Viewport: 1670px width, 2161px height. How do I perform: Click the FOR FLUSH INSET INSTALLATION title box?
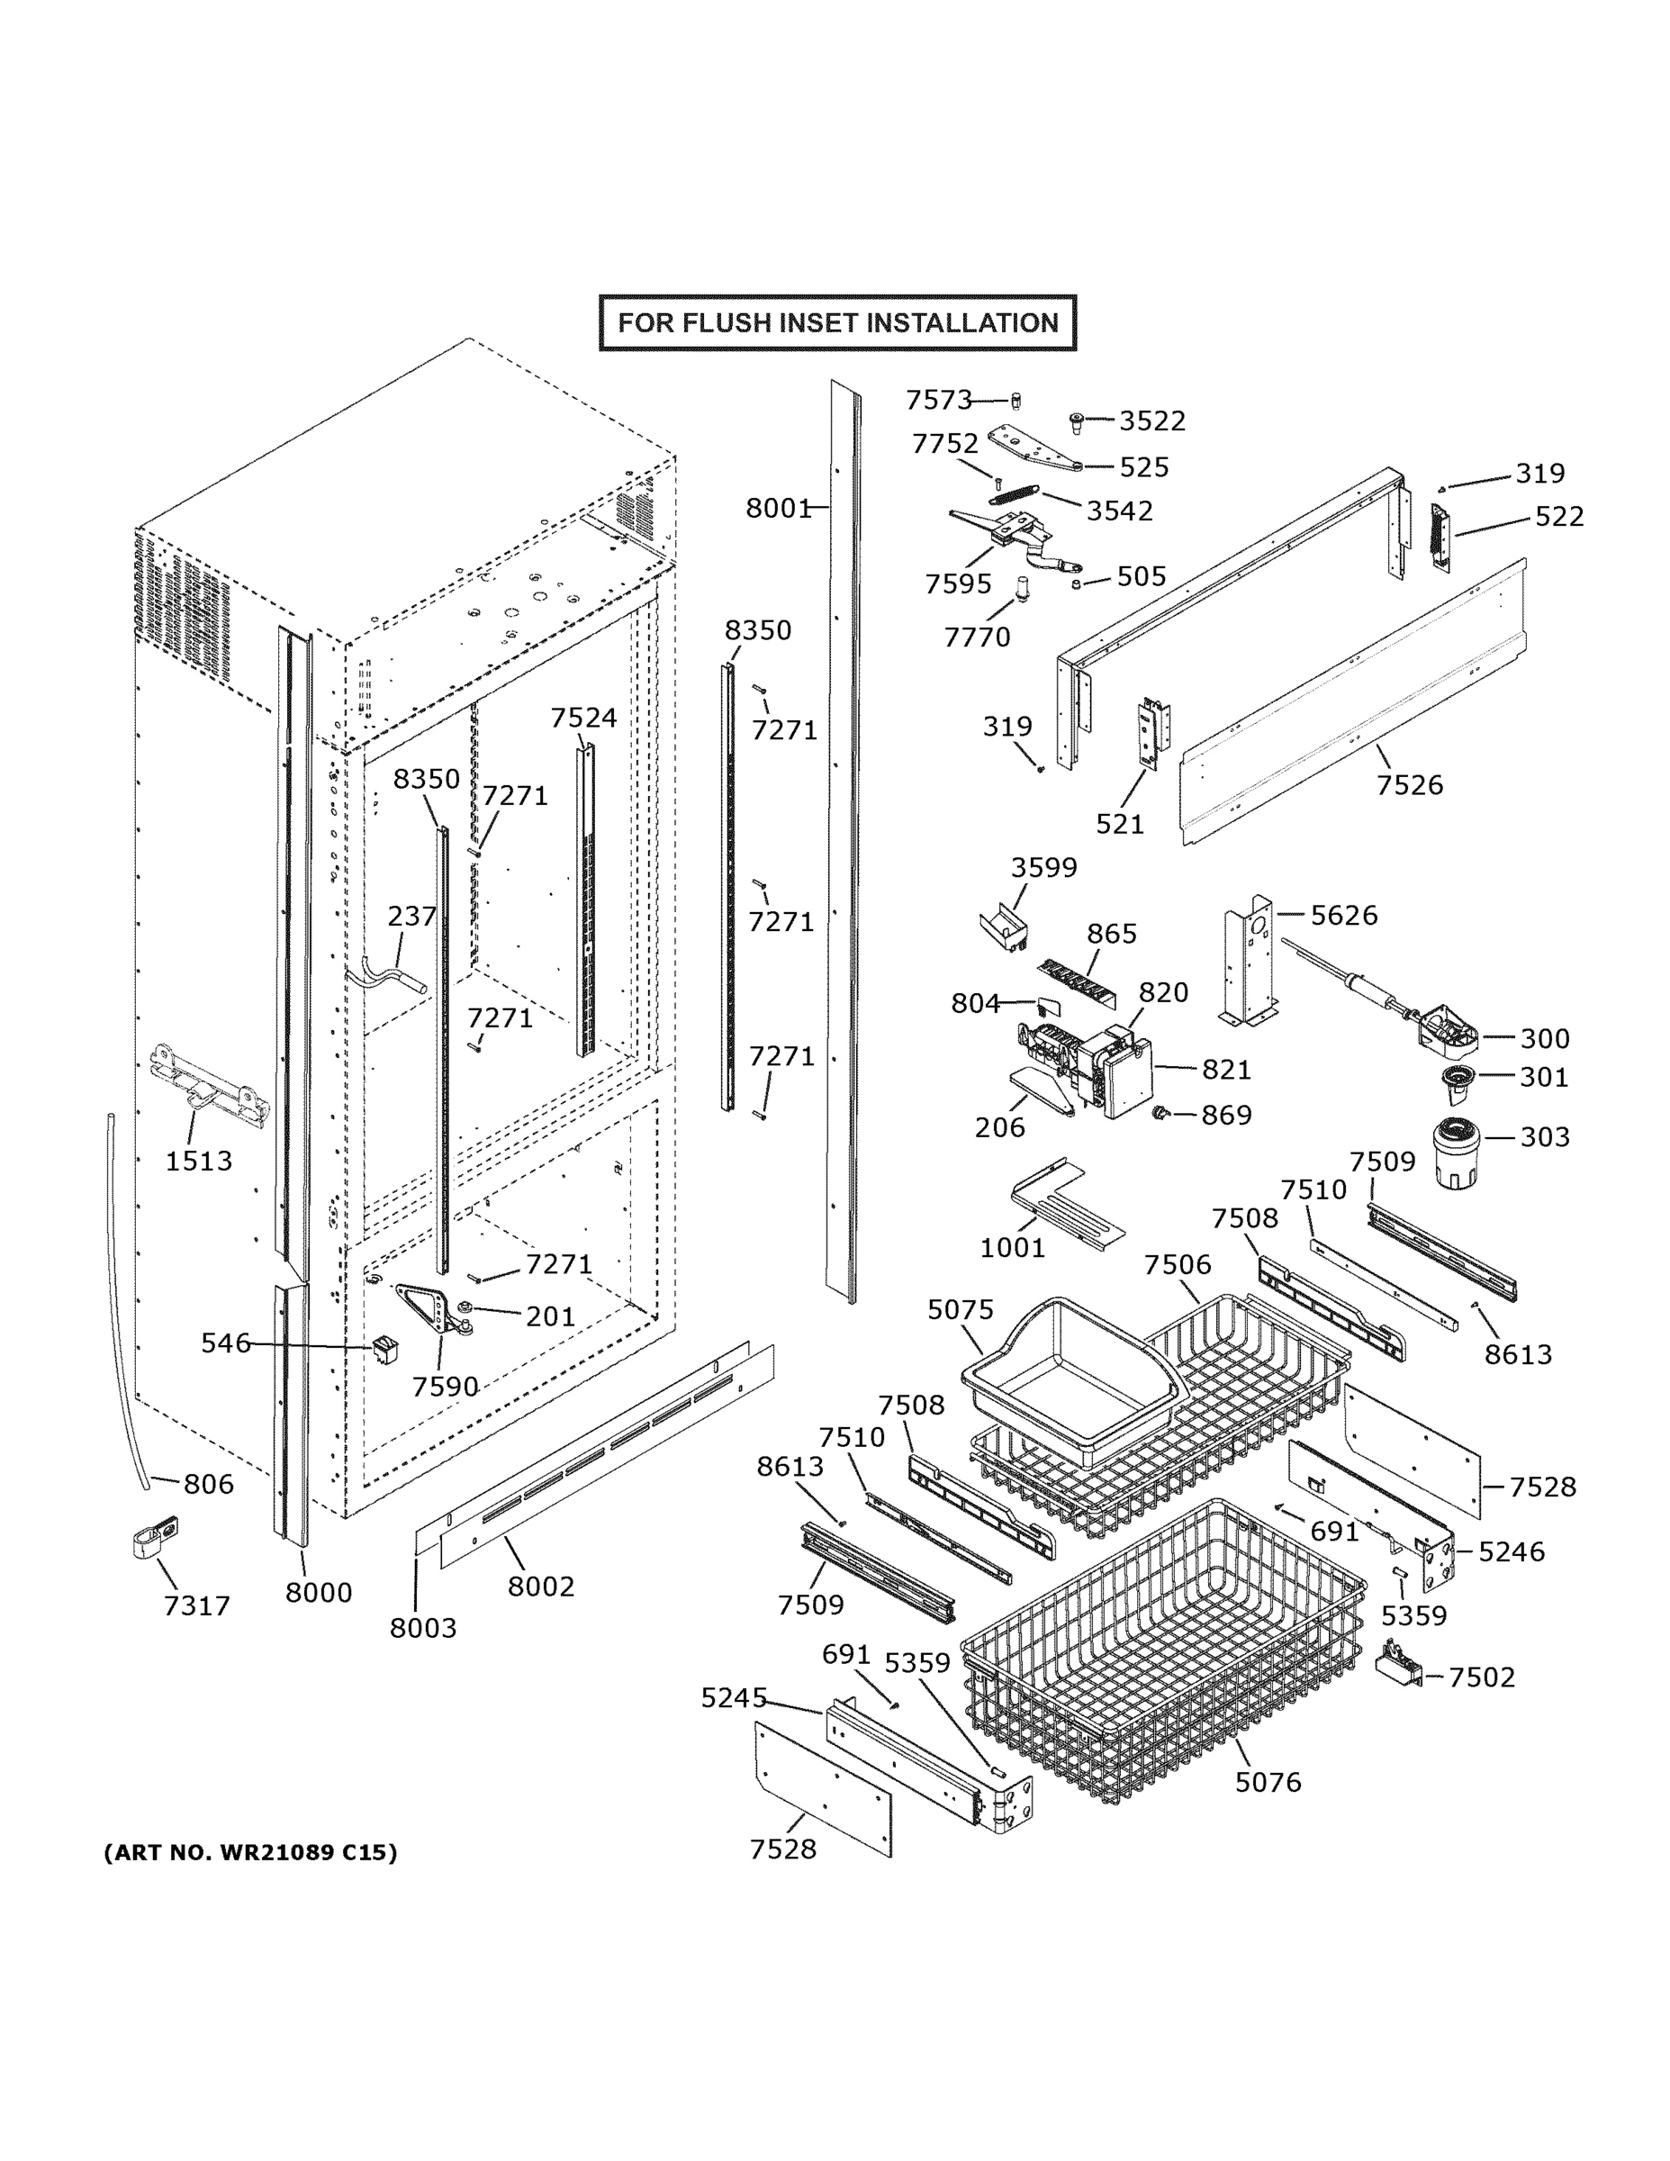[837, 322]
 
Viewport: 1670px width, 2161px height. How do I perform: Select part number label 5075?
[960, 1309]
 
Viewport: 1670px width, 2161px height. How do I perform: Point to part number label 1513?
[198, 1161]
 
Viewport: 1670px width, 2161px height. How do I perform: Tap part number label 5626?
[1343, 915]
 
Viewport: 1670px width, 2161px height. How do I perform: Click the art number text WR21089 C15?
[250, 1852]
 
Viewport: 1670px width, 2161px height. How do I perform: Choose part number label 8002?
[540, 1587]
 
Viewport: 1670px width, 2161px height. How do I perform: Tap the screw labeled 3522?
[1077, 422]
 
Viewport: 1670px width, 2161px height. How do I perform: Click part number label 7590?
[446, 1387]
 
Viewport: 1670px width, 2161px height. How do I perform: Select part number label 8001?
[778, 508]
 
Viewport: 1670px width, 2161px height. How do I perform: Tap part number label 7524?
[582, 718]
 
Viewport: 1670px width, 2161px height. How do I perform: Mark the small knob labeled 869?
[1158, 1113]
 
